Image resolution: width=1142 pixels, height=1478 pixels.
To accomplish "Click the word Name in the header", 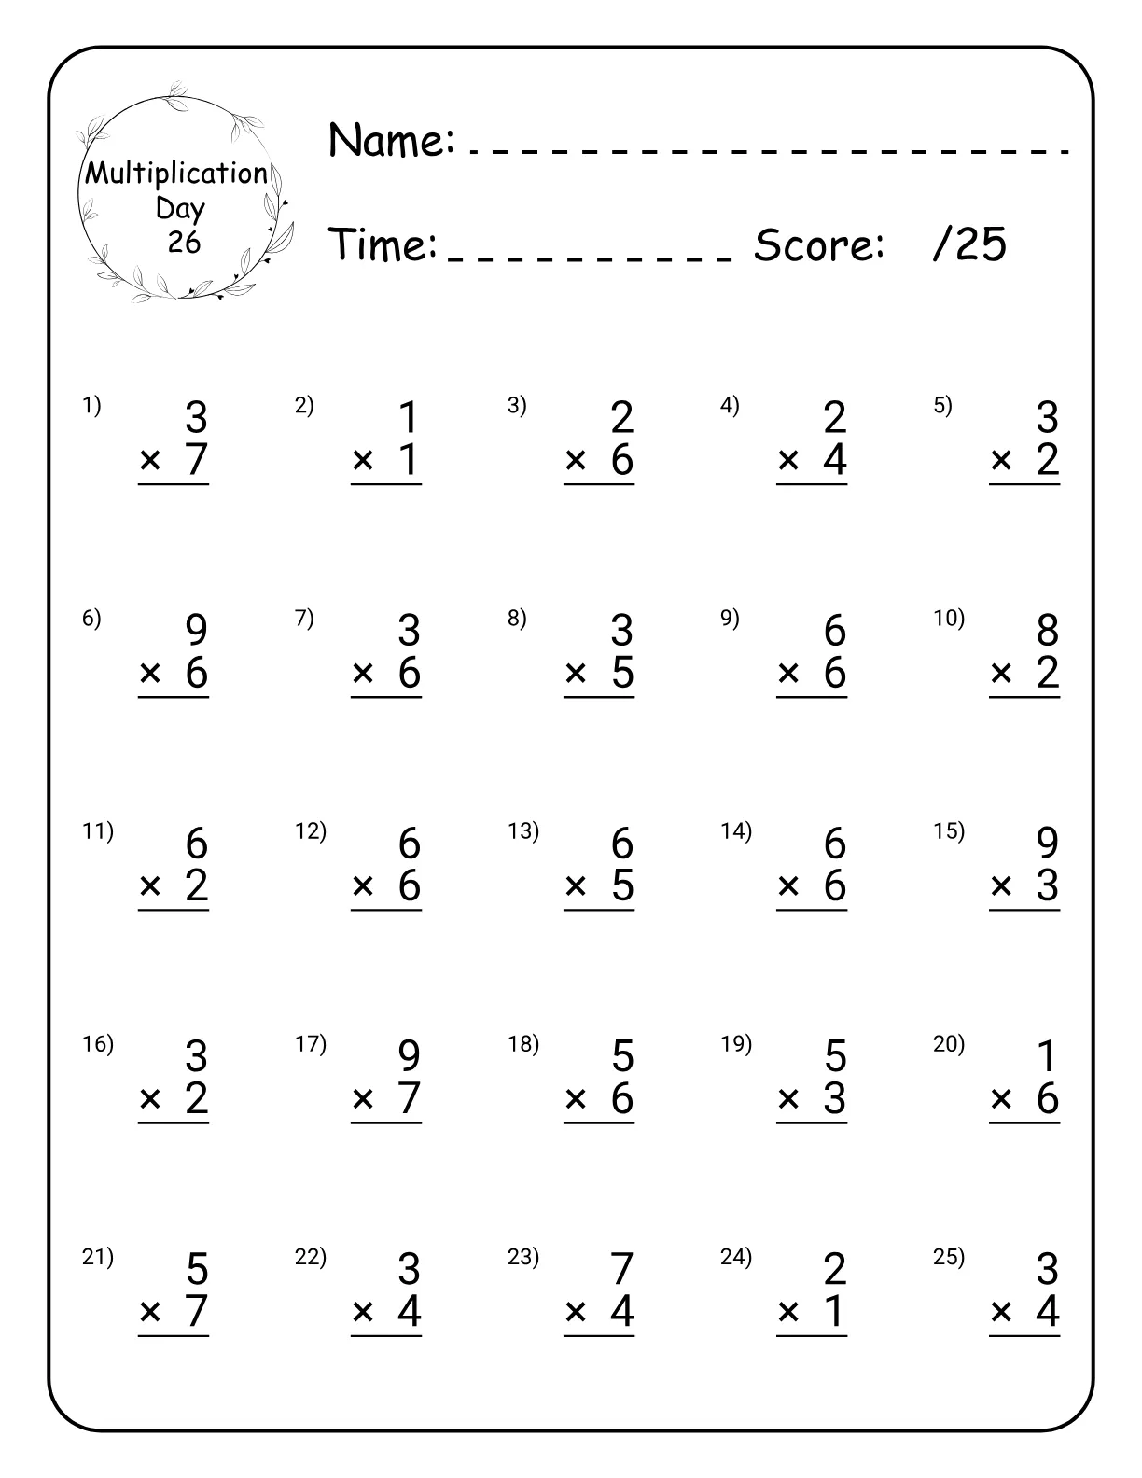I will pos(391,141).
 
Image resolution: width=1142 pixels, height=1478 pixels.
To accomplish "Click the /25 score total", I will pos(969,245).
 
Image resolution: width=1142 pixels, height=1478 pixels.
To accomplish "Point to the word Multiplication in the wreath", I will pos(176,174).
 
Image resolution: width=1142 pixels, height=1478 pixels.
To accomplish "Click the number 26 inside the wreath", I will pos(184,243).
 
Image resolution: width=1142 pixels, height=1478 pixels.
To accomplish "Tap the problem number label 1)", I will pos(91,406).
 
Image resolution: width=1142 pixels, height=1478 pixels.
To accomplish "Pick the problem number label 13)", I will pos(523,831).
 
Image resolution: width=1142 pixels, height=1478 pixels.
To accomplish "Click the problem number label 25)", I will pos(949,1257).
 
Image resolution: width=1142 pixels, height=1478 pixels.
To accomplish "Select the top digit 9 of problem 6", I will pos(196,632).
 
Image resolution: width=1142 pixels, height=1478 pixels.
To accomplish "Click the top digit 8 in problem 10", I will pos(1048,632).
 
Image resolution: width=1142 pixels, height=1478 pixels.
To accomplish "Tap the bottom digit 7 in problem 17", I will pos(410,1098).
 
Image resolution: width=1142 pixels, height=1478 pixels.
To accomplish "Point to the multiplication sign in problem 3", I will pos(576,460).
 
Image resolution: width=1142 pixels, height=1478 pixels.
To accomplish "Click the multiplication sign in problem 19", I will pos(788,1099).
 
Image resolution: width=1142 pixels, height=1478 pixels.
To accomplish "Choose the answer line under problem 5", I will pos(1024,485).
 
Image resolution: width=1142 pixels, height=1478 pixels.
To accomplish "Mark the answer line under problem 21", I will pos(174,1336).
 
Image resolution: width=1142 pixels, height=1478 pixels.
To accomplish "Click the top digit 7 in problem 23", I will pos(622,1270).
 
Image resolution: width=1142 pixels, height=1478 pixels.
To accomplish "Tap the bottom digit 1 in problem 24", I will pos(835,1312).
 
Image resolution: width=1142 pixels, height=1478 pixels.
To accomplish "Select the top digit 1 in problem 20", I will pos(1048,1057).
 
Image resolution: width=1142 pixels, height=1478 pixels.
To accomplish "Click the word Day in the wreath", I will pos(180,208).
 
